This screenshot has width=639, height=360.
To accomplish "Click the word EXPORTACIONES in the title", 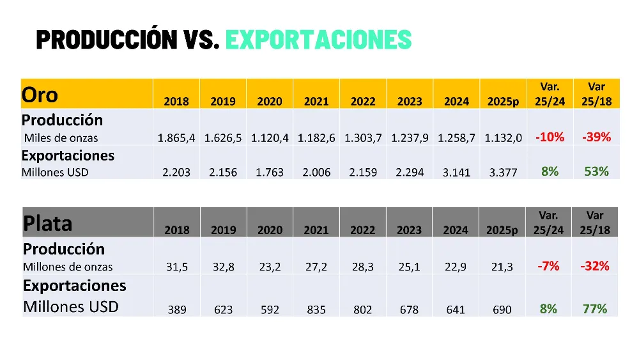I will [318, 40].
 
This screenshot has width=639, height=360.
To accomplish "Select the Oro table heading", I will [40, 95].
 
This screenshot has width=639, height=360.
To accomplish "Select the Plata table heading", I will [47, 224].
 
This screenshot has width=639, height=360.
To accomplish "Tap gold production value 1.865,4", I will [176, 137].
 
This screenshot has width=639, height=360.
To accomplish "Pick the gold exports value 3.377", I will [503, 173].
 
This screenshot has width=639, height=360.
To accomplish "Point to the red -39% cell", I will [596, 137].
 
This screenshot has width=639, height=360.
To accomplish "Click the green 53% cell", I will [596, 171].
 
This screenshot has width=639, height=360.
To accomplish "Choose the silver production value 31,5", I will [177, 267].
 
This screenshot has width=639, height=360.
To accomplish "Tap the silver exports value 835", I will [316, 309].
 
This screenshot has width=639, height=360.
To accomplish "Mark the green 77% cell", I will [595, 308].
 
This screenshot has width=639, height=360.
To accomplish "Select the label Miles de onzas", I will [61, 137].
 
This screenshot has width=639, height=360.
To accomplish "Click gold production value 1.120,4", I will [270, 137].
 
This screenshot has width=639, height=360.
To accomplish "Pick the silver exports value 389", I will [177, 309].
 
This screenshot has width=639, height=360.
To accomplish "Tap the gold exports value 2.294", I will [410, 173].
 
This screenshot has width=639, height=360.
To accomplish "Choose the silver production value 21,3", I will [502, 267].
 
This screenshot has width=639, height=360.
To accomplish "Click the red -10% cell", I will [550, 137].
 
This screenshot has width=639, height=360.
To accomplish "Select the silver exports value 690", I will [502, 309].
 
